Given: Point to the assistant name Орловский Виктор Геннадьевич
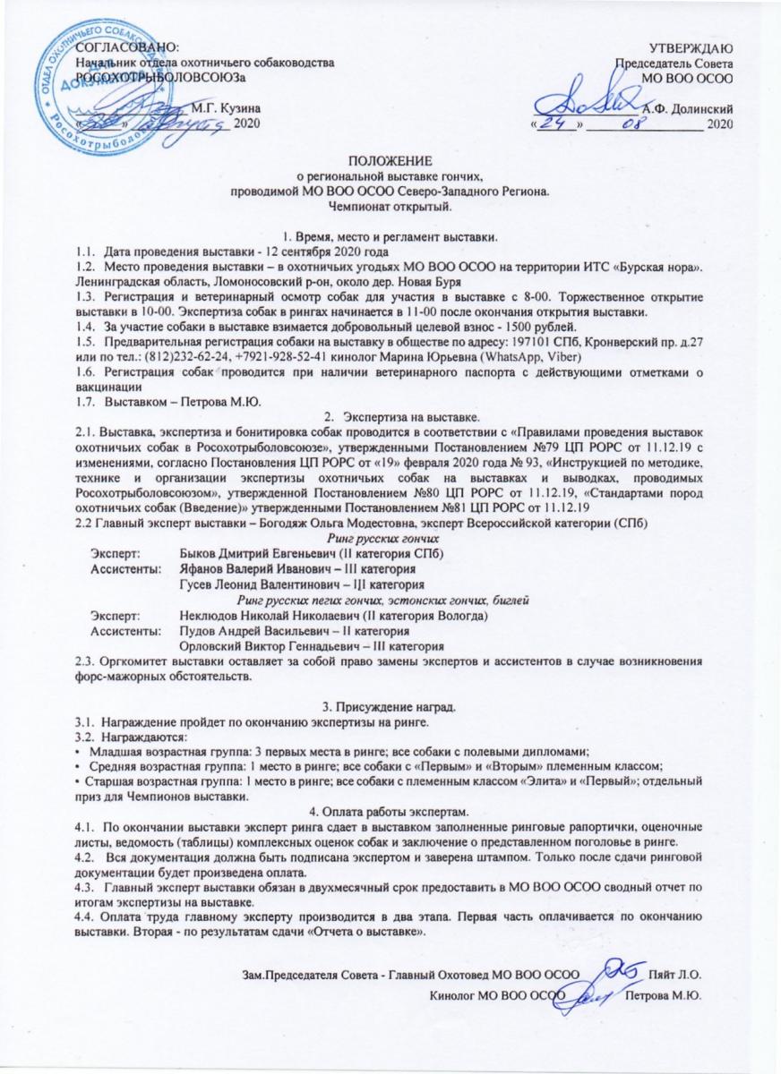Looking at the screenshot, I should click(x=266, y=646).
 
